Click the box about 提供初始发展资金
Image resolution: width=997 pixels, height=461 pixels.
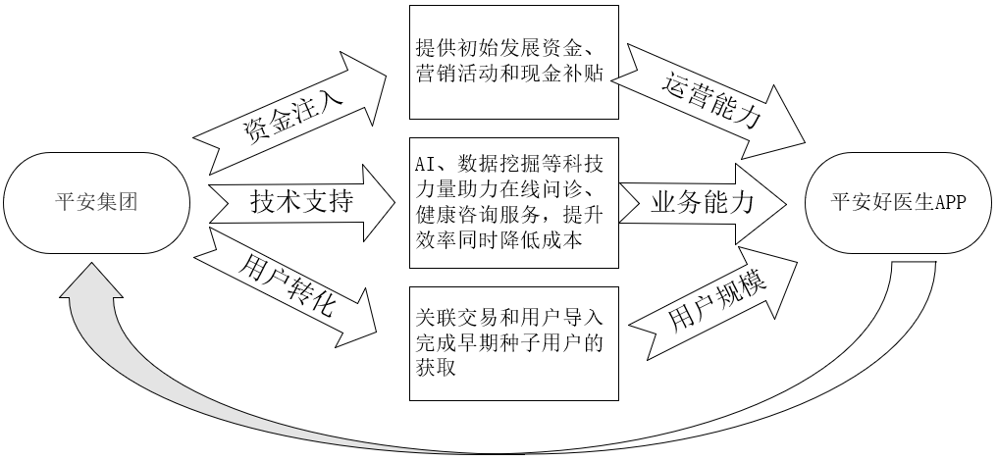point(513,61)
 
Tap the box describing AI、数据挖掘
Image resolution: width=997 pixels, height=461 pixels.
point(513,203)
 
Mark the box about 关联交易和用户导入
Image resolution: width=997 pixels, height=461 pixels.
point(513,343)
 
